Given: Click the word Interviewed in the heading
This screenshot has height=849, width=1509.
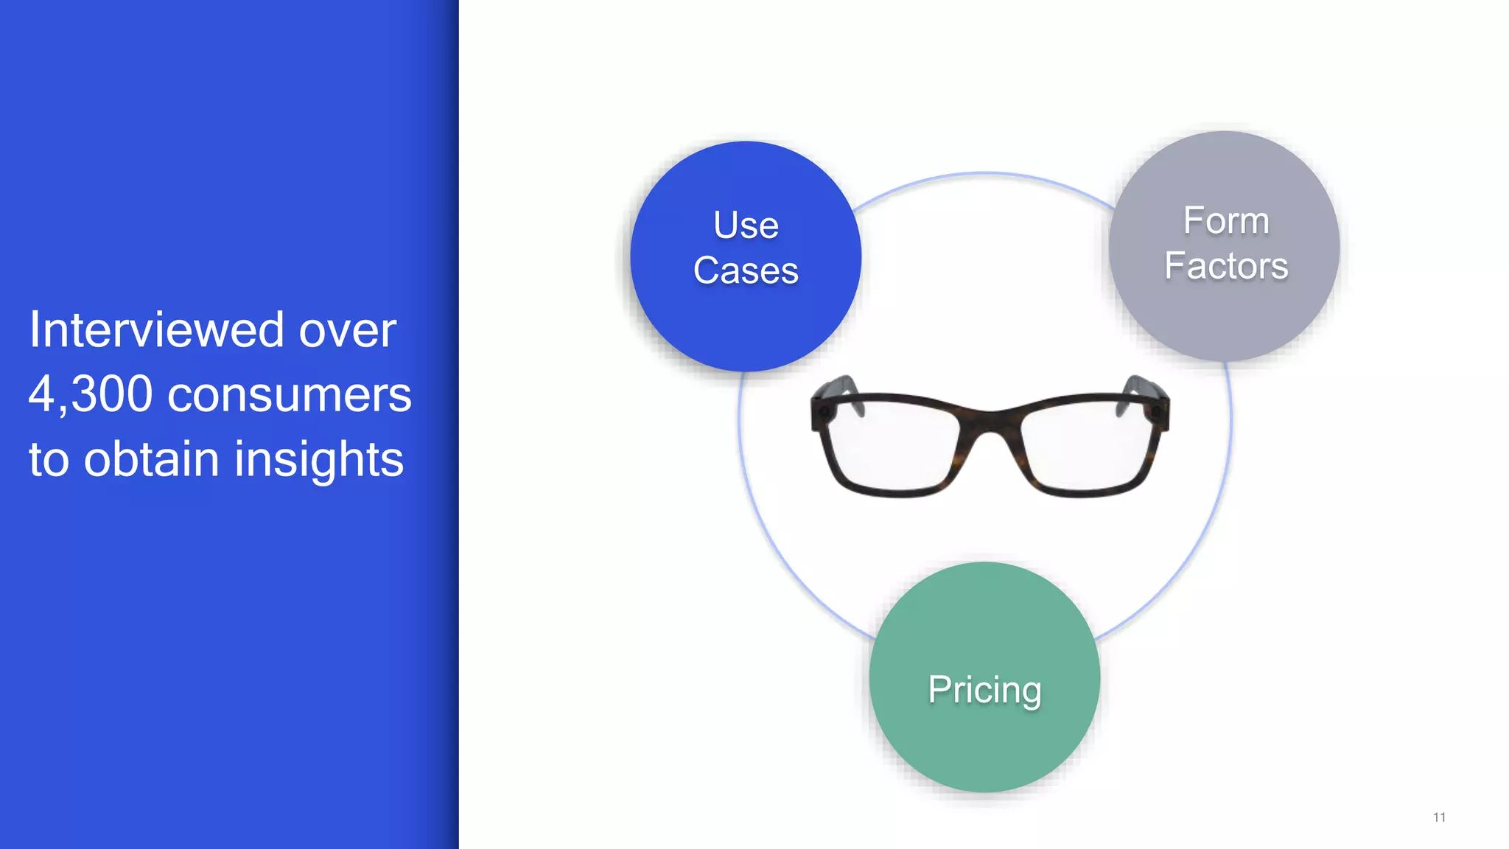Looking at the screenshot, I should pyautogui.click(x=156, y=330).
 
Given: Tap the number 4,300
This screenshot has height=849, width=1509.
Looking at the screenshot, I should pyautogui.click(x=90, y=394).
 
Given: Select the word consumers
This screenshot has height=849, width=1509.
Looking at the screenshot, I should pyautogui.click(x=289, y=396).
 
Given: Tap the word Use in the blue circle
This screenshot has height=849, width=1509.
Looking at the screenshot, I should pyautogui.click(x=746, y=226).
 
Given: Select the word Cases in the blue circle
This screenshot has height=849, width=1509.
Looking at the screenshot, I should pyautogui.click(x=746, y=270).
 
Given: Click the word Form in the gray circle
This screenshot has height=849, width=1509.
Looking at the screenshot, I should pyautogui.click(x=1226, y=221).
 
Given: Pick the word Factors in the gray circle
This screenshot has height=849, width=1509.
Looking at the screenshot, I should pyautogui.click(x=1226, y=266).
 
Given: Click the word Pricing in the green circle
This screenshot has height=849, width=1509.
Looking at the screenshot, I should pyautogui.click(x=984, y=691).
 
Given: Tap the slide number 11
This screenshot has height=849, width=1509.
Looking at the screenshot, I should pyautogui.click(x=1439, y=817).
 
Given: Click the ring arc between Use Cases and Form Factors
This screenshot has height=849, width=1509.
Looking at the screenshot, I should pyautogui.click(x=984, y=174).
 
